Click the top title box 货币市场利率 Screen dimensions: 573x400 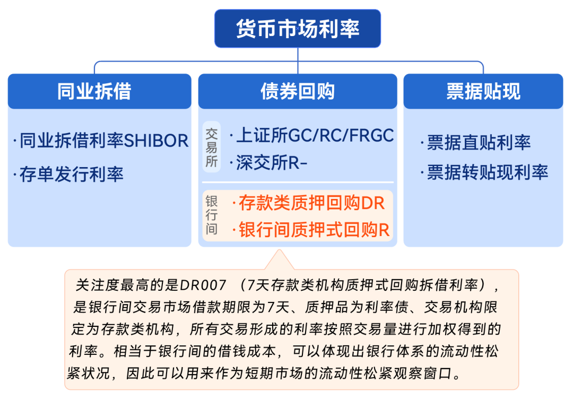[x=298, y=28]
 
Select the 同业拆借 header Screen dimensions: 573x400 [x=99, y=91]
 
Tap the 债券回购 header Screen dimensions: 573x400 [x=298, y=91]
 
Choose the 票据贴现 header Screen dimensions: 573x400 [x=483, y=91]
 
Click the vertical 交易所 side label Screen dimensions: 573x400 [x=212, y=147]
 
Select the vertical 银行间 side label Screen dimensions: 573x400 [x=212, y=216]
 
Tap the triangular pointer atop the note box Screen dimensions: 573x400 [x=279, y=260]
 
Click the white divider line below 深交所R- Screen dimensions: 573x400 [x=298, y=182]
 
